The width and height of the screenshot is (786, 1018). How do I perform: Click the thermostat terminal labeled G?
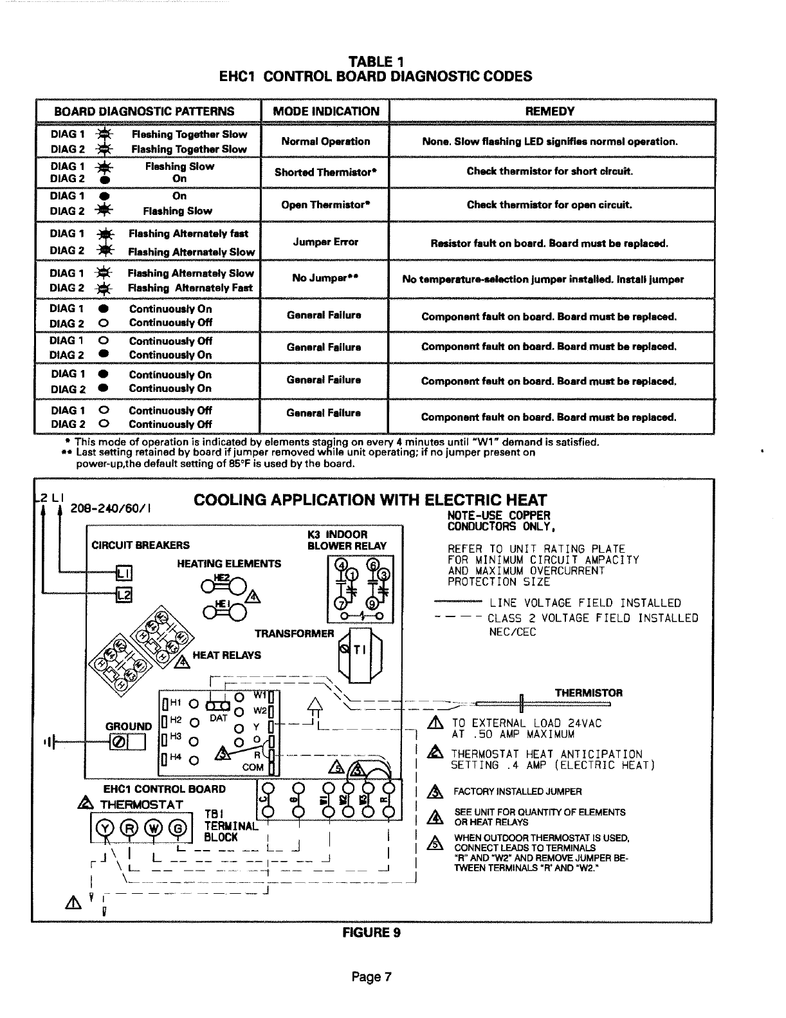tap(180, 829)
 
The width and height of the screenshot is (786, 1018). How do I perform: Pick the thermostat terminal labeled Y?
tap(107, 829)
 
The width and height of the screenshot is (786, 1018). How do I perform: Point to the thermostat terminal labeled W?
tap(155, 829)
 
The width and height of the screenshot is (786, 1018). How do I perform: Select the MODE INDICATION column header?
tap(326, 111)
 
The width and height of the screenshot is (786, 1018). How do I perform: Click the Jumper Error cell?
tap(325, 242)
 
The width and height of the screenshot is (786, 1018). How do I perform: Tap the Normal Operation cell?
tap(325, 142)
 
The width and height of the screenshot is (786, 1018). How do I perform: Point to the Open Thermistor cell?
tap(325, 205)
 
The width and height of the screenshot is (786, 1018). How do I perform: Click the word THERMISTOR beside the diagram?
tap(589, 693)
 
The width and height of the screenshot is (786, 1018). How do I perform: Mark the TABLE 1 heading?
tap(376, 62)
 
